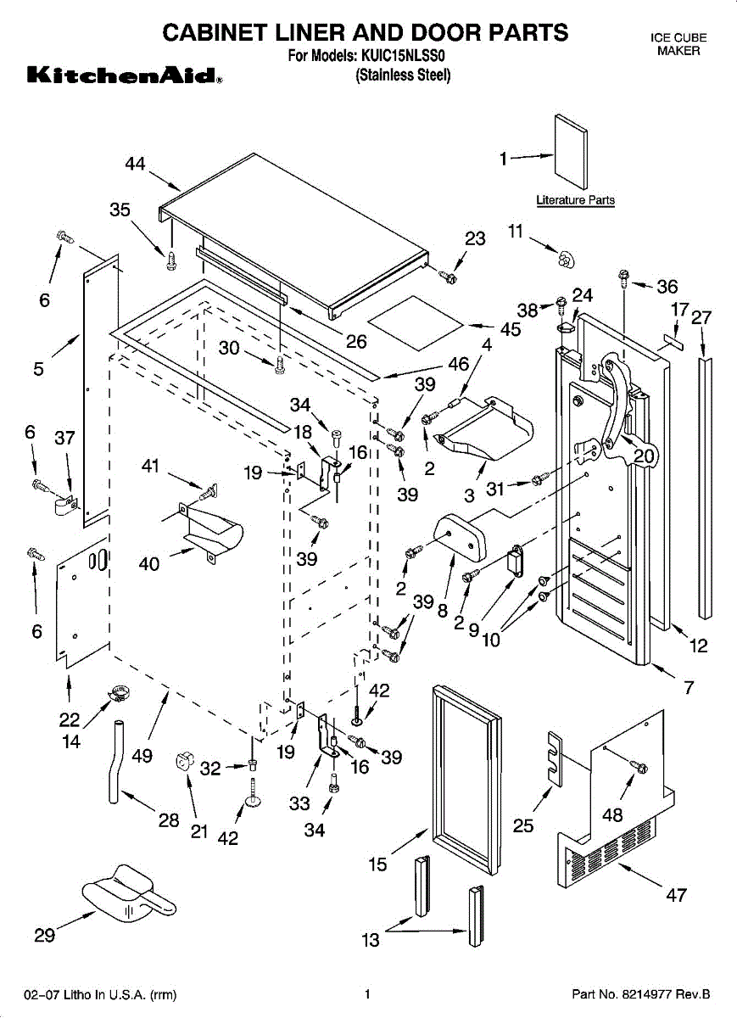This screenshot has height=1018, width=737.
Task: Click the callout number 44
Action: click(135, 165)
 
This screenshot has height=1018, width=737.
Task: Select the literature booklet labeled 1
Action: click(569, 150)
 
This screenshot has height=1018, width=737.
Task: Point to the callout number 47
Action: click(676, 895)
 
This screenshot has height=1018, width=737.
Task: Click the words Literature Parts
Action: click(575, 201)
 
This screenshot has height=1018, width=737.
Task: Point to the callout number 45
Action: click(510, 330)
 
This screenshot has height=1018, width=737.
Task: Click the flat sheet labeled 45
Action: click(417, 315)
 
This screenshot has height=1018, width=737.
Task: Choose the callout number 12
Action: click(698, 646)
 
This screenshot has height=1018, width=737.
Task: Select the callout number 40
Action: click(148, 563)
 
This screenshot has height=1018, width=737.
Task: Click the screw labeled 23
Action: click(450, 277)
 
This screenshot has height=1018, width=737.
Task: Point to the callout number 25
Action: click(523, 825)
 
